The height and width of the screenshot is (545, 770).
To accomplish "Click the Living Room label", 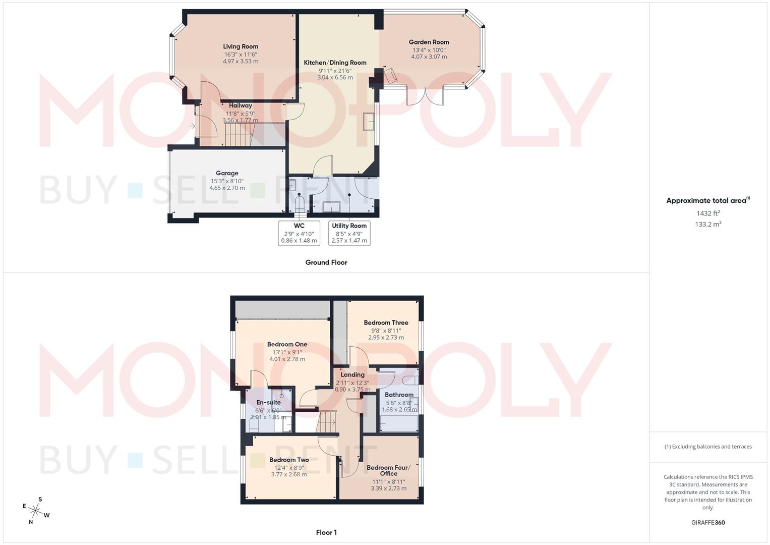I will tap(241, 46).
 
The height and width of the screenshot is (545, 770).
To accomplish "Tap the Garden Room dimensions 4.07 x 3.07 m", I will tap(429, 57).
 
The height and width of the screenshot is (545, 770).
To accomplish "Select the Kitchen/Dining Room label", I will tap(335, 63).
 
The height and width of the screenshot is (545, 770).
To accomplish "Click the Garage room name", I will tap(227, 173).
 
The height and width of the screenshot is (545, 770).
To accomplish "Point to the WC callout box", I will tap(299, 233).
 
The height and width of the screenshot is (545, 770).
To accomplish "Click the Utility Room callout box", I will tap(349, 233).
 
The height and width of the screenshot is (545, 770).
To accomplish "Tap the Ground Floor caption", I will tap(326, 262).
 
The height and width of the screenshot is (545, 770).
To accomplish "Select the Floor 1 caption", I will tap(326, 532).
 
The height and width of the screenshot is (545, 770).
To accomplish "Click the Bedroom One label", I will tap(287, 345).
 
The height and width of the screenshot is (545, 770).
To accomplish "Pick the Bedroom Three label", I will tap(386, 323).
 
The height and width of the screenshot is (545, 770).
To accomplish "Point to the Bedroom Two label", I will tap(289, 460).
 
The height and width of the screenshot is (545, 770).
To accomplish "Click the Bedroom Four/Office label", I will tap(388, 470).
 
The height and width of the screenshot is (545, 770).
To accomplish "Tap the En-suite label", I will tap(268, 402).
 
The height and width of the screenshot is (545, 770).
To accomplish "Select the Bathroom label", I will tap(399, 395).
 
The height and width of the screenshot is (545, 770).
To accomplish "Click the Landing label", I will tap(352, 375).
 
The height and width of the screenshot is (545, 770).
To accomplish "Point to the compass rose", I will tap(36, 510).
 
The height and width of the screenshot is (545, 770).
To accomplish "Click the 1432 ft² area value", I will tap(708, 213).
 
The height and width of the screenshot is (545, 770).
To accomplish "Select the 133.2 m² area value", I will tap(708, 225).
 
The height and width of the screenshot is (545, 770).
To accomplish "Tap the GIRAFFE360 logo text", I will tap(708, 523).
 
